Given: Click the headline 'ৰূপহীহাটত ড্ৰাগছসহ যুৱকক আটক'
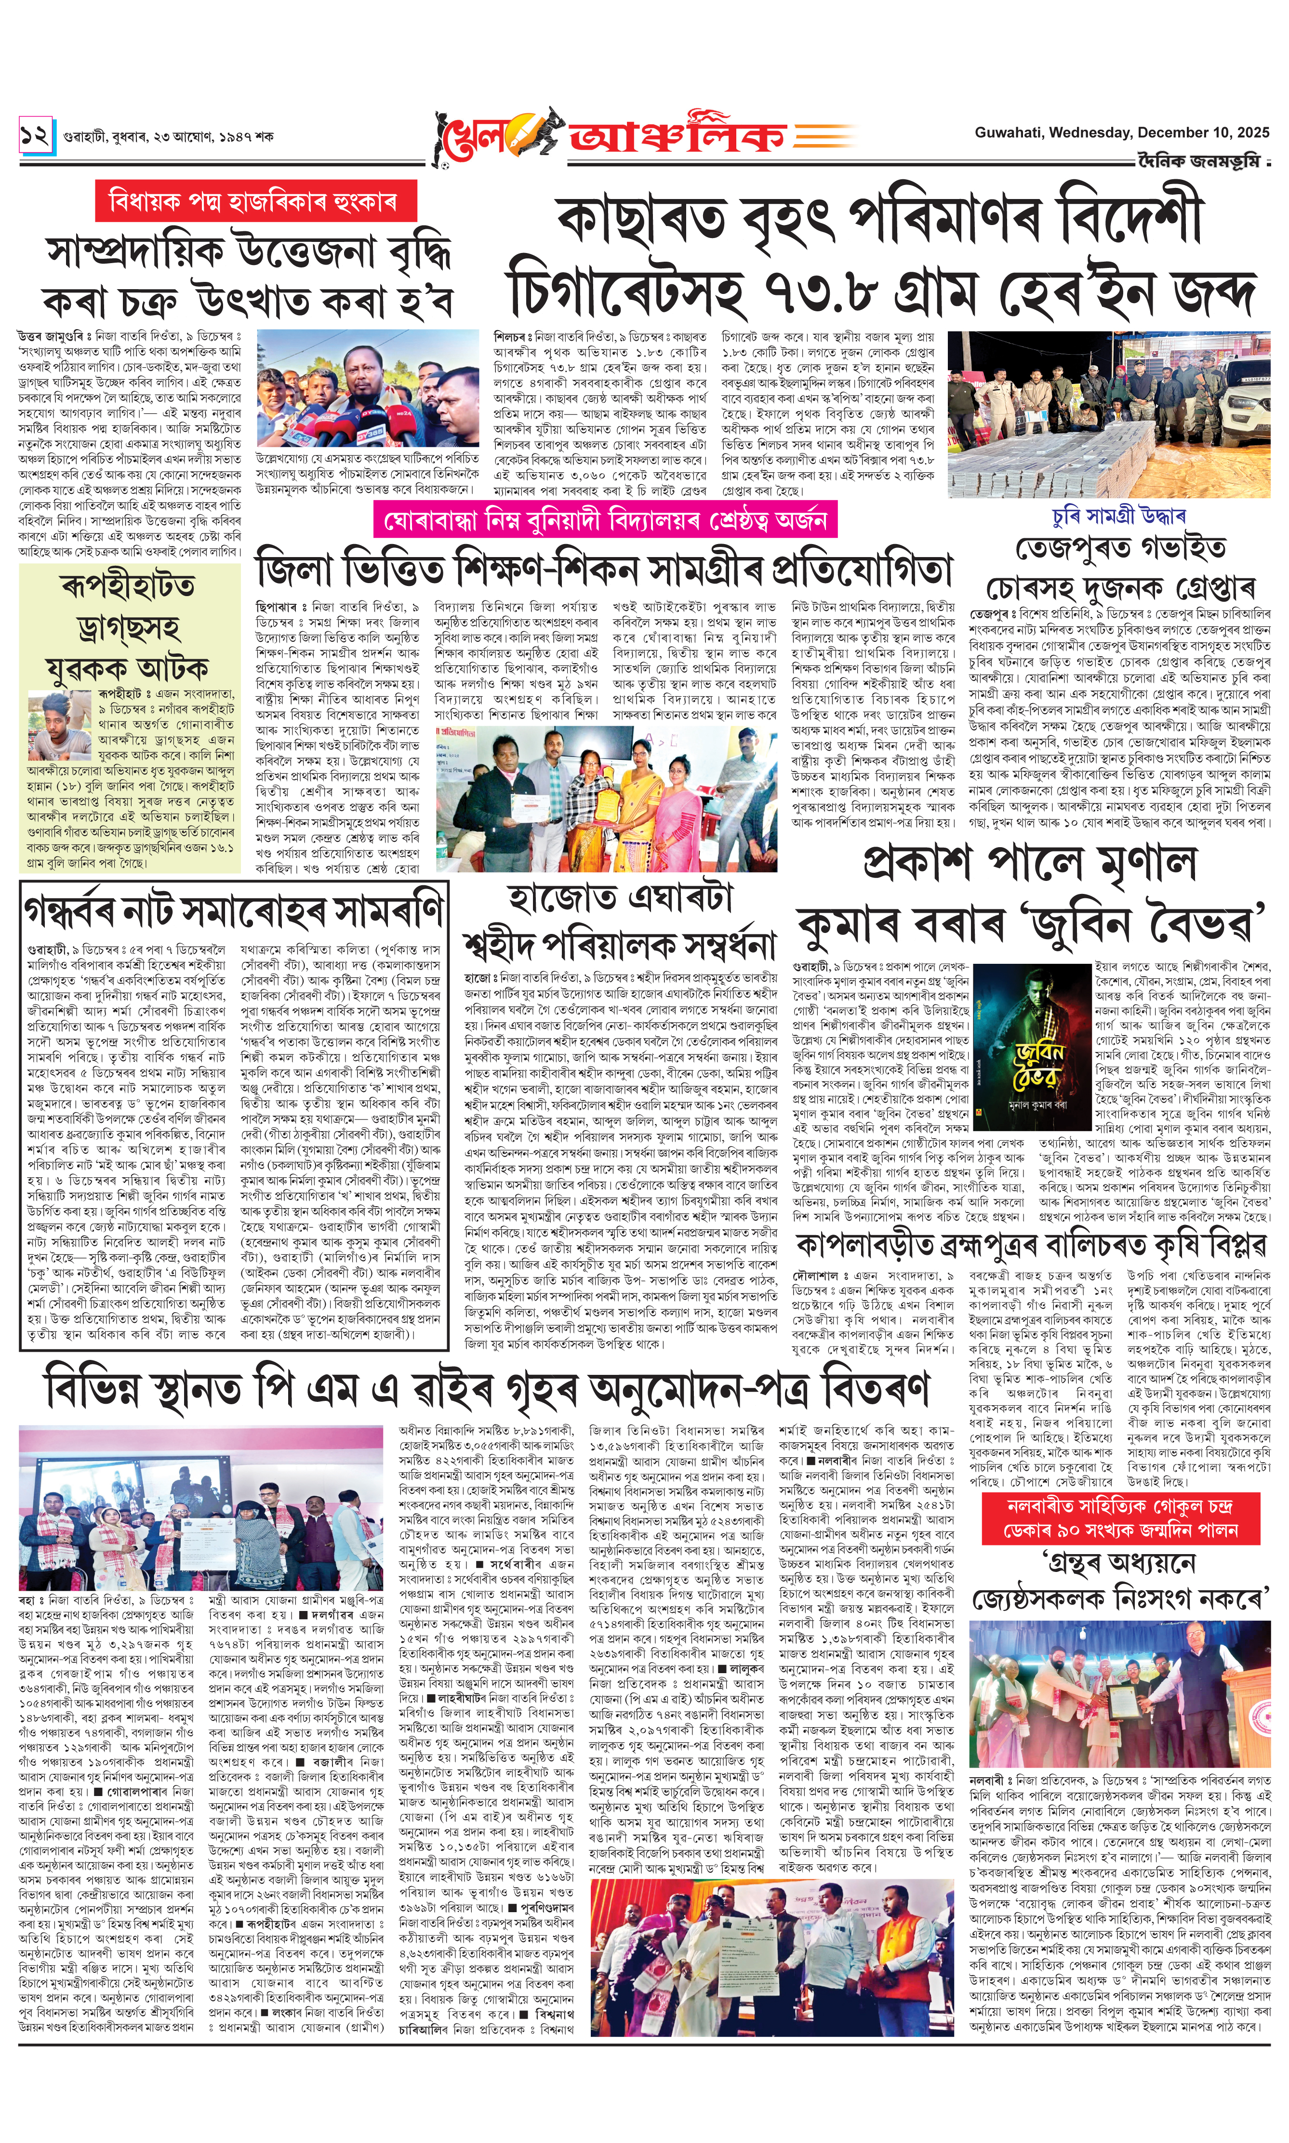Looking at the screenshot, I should click(x=129, y=626).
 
